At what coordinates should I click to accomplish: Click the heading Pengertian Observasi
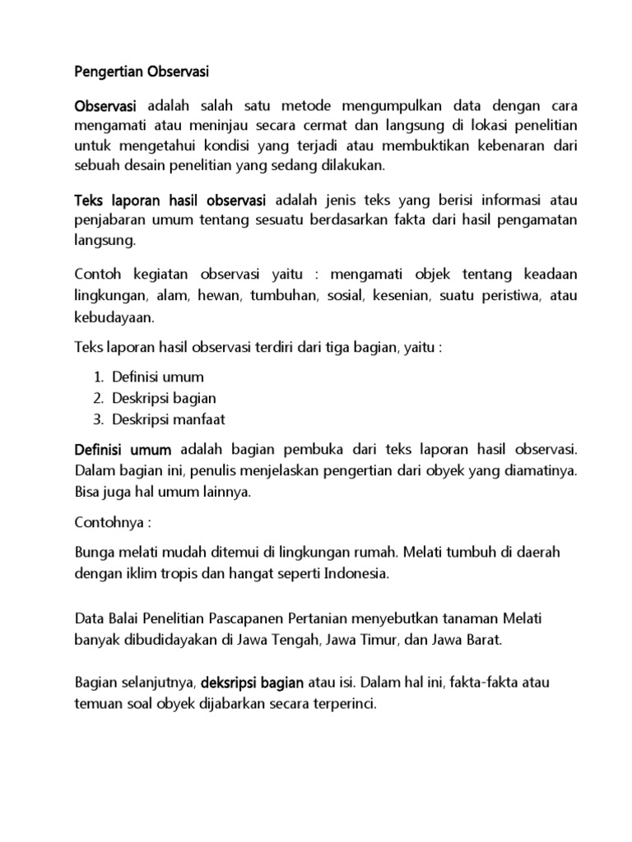[142, 72]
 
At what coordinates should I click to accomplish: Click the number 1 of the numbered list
[96, 377]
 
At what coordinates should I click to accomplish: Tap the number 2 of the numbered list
[96, 398]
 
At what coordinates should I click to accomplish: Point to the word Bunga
[93, 552]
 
